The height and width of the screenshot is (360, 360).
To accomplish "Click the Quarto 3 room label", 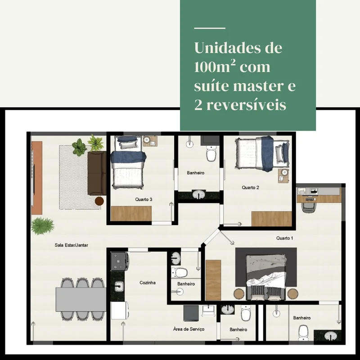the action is [144, 199].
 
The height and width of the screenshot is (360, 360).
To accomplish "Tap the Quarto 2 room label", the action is [250, 187].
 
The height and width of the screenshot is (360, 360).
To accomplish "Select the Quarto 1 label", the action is [284, 238].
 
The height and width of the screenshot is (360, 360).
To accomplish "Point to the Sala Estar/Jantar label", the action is [71, 245].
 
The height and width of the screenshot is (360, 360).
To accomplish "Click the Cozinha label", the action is [148, 283].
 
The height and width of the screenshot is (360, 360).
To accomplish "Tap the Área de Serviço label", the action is [189, 329].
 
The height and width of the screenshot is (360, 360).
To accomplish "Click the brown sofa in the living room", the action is [97, 173].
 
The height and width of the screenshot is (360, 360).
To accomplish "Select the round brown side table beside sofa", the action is [99, 201].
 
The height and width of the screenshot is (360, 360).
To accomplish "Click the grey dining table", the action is [81, 299].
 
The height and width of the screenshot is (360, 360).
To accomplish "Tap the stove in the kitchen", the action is [120, 261].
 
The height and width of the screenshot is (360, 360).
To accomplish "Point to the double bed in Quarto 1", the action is [266, 277].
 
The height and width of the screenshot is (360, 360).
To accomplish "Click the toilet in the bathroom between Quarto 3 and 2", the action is [211, 153].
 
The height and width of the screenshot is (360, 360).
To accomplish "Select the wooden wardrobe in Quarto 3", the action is [131, 213].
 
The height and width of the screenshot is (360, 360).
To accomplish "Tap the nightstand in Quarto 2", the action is [283, 175].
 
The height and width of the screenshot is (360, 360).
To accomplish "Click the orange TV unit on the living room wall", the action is [37, 178].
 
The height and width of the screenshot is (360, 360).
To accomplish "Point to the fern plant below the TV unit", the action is [43, 226].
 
